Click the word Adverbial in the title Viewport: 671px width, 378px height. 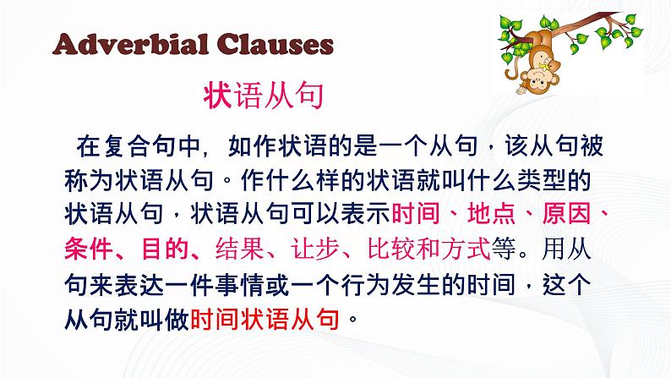(x=131, y=44)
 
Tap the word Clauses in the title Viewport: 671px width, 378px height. (x=275, y=44)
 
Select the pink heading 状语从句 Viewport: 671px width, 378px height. (x=263, y=96)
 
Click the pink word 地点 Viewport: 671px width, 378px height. (x=491, y=213)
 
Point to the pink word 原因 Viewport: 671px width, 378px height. (x=566, y=213)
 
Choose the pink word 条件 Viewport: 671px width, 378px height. (x=88, y=249)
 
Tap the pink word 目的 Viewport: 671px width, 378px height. (x=165, y=249)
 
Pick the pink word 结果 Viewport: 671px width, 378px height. (x=240, y=249)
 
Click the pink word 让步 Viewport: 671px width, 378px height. (x=315, y=249)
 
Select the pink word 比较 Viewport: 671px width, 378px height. (x=391, y=249)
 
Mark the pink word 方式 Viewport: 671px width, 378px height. (x=466, y=249)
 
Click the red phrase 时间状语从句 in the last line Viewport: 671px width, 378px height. (x=265, y=319)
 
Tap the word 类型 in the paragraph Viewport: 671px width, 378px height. (x=542, y=181)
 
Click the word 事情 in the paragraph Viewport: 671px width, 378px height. (x=240, y=284)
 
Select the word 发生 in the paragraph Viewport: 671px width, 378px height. (x=416, y=284)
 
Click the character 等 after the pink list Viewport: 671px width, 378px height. (x=504, y=249)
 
